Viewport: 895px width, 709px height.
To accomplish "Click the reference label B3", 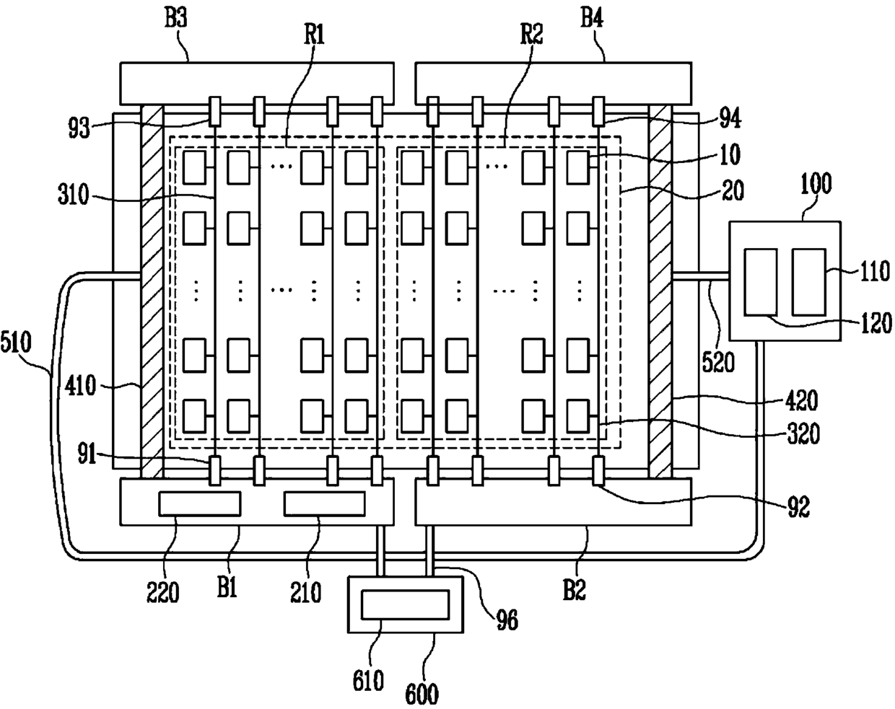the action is coord(176,19).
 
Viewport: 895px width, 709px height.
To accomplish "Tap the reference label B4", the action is coord(592,19).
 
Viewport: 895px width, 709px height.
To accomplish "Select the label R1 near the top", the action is coord(314,34).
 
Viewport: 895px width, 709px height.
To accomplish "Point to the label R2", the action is coord(532,34).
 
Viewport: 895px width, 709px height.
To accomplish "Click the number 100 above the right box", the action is coord(816,183).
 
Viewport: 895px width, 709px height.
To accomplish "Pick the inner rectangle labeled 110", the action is coord(809,282).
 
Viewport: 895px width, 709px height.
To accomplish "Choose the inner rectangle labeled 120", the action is coord(761,282).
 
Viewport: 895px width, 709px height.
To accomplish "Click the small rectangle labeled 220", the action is coord(200,503).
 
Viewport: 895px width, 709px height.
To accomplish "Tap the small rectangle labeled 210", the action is coord(324,503).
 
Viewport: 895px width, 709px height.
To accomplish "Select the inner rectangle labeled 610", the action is coord(405,604).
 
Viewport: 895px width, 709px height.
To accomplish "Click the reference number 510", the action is coord(16,343).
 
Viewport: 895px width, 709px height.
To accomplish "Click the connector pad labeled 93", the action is coord(214,111).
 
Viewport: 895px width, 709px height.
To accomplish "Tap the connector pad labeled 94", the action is coord(598,111).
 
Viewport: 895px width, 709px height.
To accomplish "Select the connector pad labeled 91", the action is coord(214,470).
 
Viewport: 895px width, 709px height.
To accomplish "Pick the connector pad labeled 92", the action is coord(598,470).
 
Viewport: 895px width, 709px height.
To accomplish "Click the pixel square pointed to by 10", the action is coord(578,167).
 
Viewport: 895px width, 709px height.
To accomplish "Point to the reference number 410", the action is coord(80,385).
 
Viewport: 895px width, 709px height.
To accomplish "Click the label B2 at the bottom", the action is coord(574,589).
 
